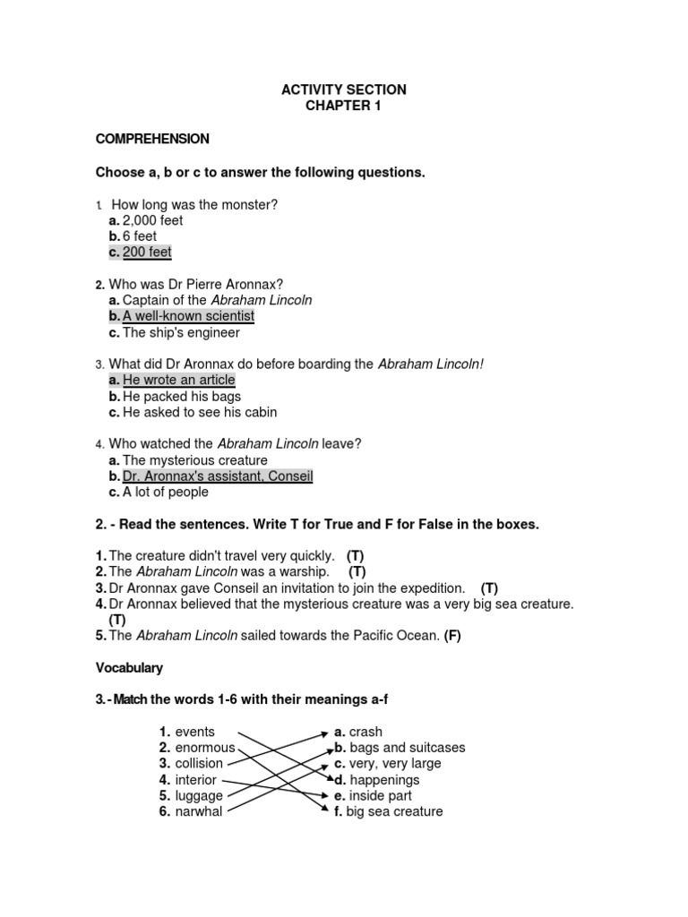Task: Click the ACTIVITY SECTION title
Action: pyautogui.click(x=344, y=90)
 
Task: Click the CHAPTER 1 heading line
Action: pyautogui.click(x=344, y=106)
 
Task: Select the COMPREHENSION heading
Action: pyautogui.click(x=152, y=139)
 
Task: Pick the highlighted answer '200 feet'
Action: pyautogui.click(x=146, y=253)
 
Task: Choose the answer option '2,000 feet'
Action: pyautogui.click(x=152, y=220)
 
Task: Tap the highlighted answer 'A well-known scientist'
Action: pyautogui.click(x=188, y=316)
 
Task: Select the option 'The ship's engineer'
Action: pyautogui.click(x=181, y=332)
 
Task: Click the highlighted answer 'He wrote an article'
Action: pyautogui.click(x=178, y=381)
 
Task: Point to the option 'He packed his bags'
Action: pyautogui.click(x=182, y=396)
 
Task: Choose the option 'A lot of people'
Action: pyautogui.click(x=165, y=492)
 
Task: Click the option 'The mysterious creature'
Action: pyautogui.click(x=194, y=460)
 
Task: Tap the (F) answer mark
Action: pyautogui.click(x=451, y=636)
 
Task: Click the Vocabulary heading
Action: pyautogui.click(x=129, y=668)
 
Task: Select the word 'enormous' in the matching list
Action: pyautogui.click(x=205, y=748)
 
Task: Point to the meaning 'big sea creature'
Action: pyautogui.click(x=395, y=812)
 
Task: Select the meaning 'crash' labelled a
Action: pyautogui.click(x=365, y=732)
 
